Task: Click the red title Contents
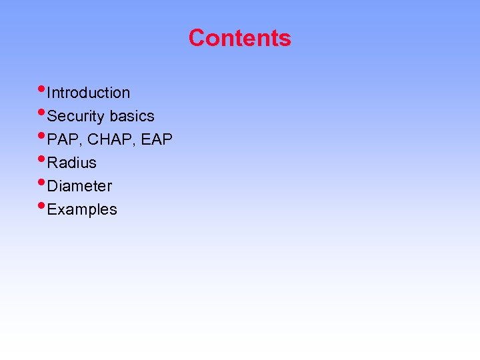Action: [x=239, y=38]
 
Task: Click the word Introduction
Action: [x=89, y=93]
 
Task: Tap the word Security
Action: [x=77, y=117]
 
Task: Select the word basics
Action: [x=132, y=116]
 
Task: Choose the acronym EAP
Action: [x=157, y=139]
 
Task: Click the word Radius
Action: [x=72, y=163]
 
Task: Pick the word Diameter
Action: [x=80, y=186]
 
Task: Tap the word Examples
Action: [x=82, y=209]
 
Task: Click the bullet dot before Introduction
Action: [x=43, y=88]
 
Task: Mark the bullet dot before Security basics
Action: [x=43, y=111]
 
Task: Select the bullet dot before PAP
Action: [x=43, y=135]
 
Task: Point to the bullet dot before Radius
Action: [x=43, y=158]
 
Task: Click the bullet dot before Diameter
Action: [x=43, y=181]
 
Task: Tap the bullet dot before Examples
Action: [x=43, y=205]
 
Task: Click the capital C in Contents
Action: [x=196, y=38]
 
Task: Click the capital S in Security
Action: [x=53, y=117]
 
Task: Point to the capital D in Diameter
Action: [x=53, y=186]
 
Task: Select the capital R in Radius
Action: [x=53, y=163]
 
